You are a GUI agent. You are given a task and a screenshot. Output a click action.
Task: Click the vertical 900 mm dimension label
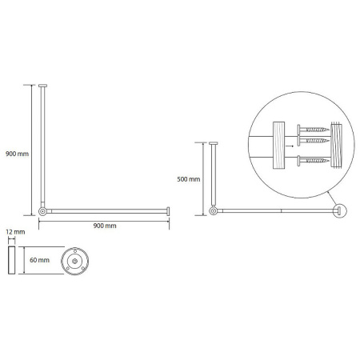(17, 154)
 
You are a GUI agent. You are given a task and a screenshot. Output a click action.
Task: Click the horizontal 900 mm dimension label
(105, 226)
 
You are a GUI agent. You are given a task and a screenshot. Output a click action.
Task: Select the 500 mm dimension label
(189, 179)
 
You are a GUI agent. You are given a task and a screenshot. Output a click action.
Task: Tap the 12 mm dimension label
(15, 232)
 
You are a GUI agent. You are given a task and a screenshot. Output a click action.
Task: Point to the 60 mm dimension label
(39, 260)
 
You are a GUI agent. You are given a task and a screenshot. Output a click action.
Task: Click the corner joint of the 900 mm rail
(42, 211)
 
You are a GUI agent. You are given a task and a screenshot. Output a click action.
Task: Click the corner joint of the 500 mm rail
(213, 211)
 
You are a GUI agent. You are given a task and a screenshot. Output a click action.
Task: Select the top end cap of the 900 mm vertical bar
(42, 86)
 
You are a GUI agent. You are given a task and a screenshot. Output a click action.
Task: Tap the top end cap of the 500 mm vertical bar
(213, 143)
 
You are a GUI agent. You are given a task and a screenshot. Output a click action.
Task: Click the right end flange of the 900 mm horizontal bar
(168, 211)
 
